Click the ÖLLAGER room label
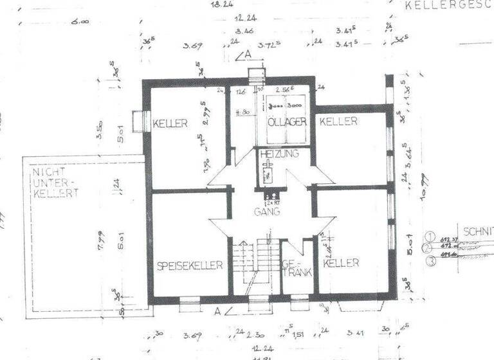point(286,122)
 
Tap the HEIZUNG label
point(279,154)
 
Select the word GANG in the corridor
point(267,212)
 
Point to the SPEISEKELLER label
point(190,264)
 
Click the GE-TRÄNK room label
point(296,268)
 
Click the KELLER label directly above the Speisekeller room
point(170,123)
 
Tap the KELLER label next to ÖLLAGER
point(338,121)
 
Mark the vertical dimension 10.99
point(424,187)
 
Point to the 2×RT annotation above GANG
point(271,201)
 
